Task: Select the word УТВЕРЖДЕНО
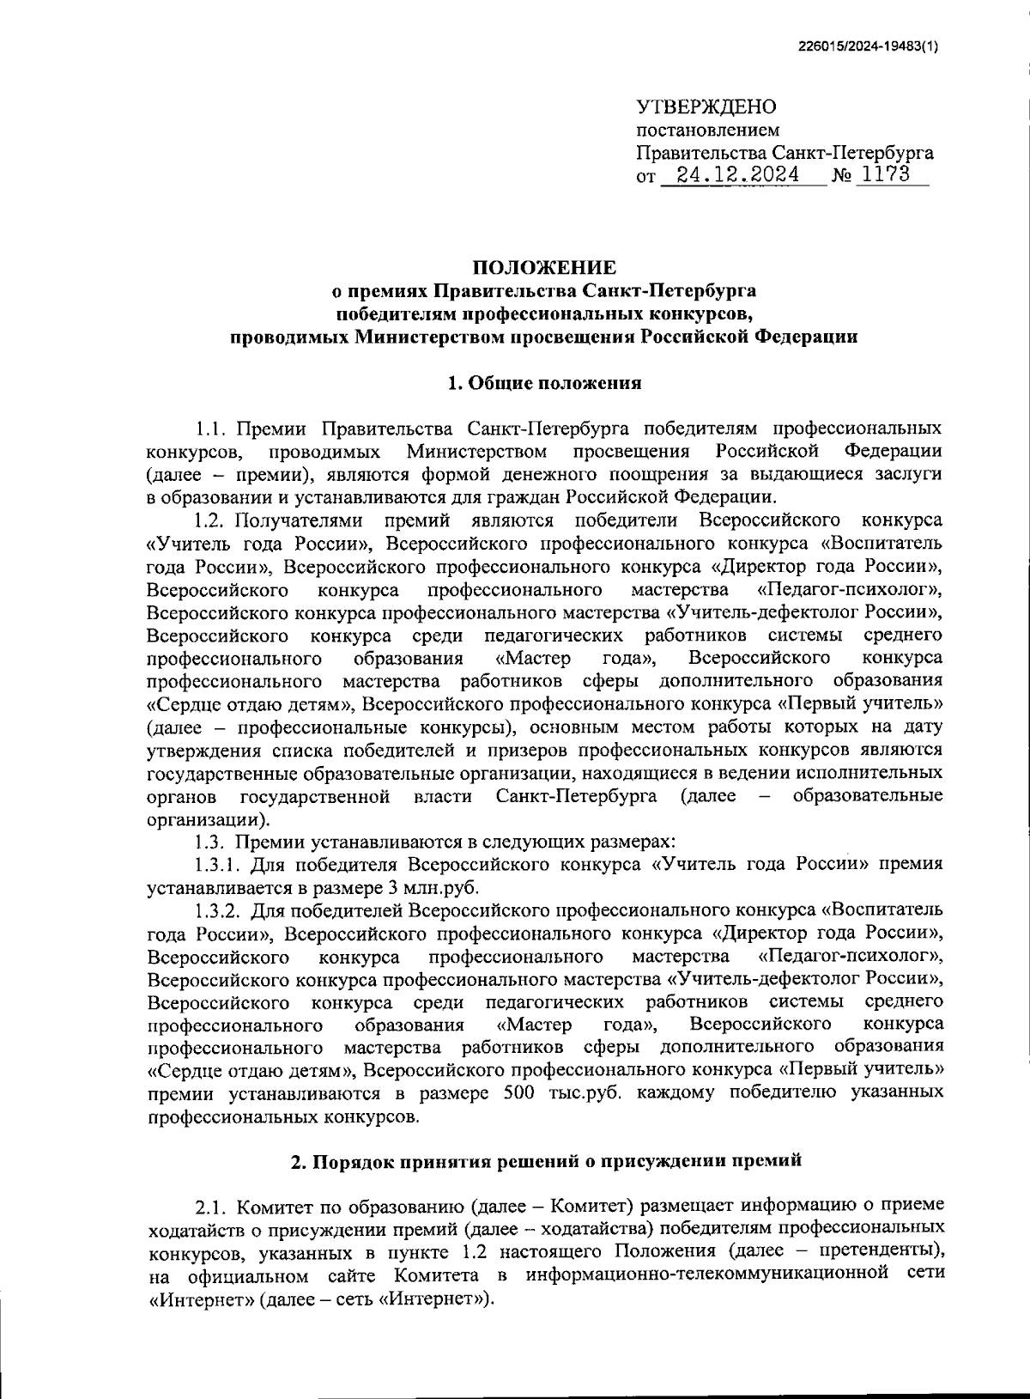(x=706, y=107)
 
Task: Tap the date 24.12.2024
(x=737, y=176)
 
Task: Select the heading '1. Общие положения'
(x=544, y=383)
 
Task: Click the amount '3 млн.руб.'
(x=441, y=886)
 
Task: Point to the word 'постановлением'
(x=707, y=131)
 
